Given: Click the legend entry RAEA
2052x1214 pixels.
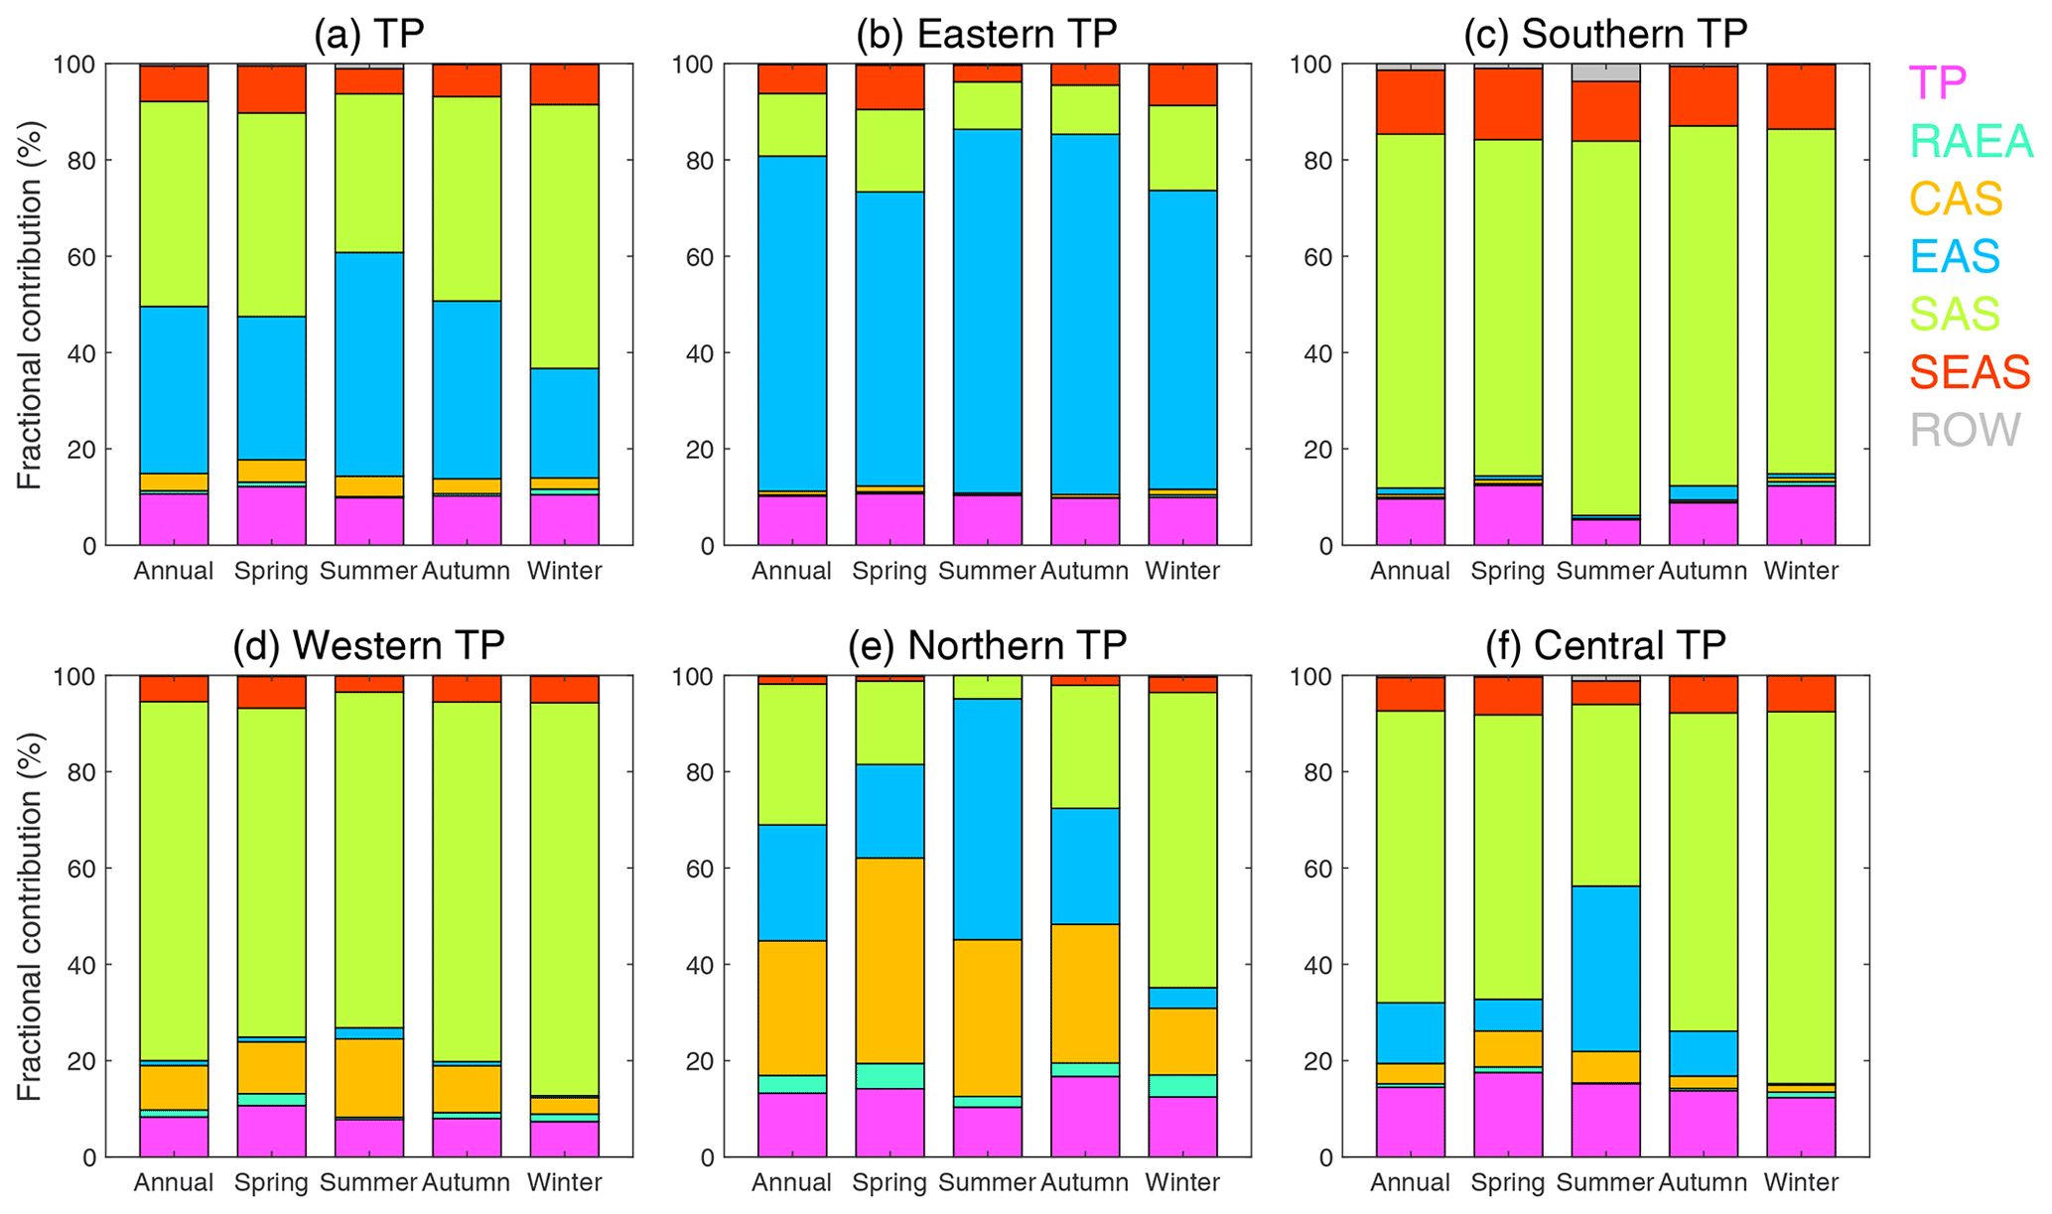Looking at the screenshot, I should pos(1971,141).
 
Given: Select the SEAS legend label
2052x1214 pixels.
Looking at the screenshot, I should pos(1970,372).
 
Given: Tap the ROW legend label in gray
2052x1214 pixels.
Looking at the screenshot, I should pos(1965,430).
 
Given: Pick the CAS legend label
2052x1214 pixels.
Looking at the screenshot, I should pos(1956,199).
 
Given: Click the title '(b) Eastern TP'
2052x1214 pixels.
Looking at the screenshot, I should pos(987,34).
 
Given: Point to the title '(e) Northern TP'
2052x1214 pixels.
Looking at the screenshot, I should pos(987,645).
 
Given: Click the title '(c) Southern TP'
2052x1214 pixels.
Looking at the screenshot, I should pos(1604,34).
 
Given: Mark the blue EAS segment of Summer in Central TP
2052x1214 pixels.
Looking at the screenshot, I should pos(1604,968).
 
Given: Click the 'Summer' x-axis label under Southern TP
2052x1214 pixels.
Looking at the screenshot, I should pos(1604,571).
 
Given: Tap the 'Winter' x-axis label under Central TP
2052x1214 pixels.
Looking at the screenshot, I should pos(1801,1182).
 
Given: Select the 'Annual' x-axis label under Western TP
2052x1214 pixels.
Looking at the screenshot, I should pos(174,1182).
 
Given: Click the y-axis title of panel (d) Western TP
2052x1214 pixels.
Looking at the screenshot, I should pos(30,916).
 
